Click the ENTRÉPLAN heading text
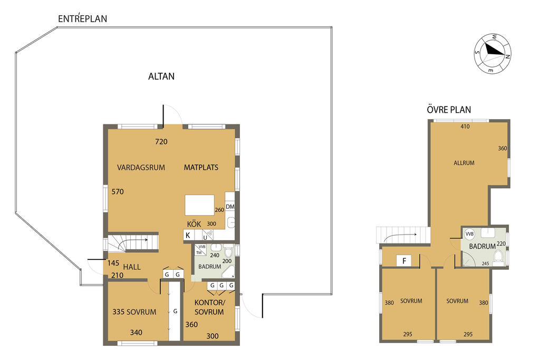click(83, 19)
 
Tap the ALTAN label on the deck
click(161, 76)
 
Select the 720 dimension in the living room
click(161, 141)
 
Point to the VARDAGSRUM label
click(141, 168)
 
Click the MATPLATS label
click(201, 168)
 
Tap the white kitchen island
click(199, 205)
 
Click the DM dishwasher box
click(230, 207)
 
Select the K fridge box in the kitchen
click(188, 236)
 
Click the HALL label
click(132, 267)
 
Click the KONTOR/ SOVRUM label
click(209, 307)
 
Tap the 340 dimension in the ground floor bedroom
click(137, 332)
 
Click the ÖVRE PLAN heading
click(449, 110)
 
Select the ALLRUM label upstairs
click(464, 163)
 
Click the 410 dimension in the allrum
click(465, 127)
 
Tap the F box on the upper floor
click(404, 260)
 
